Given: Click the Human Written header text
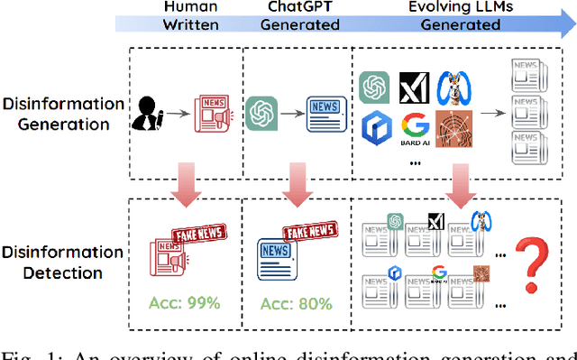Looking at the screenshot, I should point(190,16).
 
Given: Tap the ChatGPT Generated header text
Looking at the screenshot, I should point(300,16).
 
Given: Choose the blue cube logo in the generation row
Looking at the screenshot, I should point(375,129).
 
